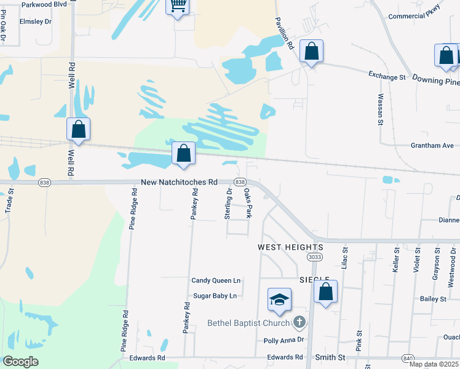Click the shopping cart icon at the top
[x=178, y=7]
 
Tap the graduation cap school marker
[x=279, y=300]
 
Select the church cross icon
[x=299, y=322]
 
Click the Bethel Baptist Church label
[x=248, y=323]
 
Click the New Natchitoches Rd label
[x=179, y=182]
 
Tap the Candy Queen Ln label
[x=216, y=280]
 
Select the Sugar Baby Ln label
[x=215, y=296]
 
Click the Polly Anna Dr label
[x=284, y=339]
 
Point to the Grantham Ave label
[x=432, y=146]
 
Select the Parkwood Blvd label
[x=44, y=4]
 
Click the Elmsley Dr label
[x=36, y=21]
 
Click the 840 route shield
[x=407, y=357]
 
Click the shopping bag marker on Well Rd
[x=78, y=129]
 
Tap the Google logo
[x=20, y=362]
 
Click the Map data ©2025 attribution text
[x=434, y=364]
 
